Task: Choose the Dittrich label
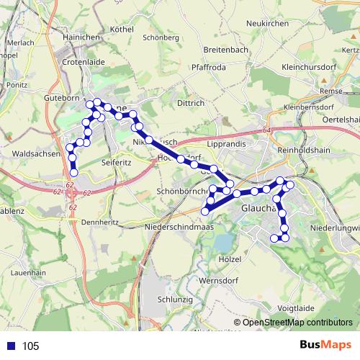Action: pyautogui.click(x=191, y=103)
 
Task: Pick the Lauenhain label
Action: pyautogui.click(x=29, y=273)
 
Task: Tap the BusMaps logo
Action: pyautogui.click(x=325, y=346)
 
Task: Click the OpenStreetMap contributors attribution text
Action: pyautogui.click(x=297, y=322)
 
